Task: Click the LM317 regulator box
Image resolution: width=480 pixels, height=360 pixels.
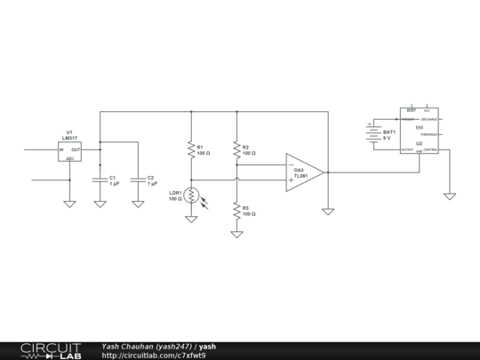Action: point(69,151)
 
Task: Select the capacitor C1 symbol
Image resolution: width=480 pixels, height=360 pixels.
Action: point(100,180)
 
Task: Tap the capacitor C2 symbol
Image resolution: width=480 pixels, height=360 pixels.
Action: point(138,180)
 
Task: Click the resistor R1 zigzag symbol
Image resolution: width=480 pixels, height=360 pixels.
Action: point(190,150)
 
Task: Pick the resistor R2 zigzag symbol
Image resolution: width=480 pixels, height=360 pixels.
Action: point(236,150)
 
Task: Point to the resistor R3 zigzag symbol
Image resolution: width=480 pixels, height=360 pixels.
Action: point(236,211)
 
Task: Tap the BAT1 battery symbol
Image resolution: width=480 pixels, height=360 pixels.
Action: point(371,134)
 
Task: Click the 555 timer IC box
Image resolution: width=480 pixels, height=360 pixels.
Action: point(419,133)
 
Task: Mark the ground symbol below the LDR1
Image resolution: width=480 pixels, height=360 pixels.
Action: point(190,218)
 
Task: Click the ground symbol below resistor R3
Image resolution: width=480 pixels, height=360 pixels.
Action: point(236,235)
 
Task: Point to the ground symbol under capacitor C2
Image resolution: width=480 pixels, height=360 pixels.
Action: point(138,204)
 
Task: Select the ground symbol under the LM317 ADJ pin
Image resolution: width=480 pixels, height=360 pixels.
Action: point(69,204)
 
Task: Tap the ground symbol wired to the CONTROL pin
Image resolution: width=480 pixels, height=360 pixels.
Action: point(450,195)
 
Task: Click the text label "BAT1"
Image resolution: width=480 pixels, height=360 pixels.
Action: point(388,132)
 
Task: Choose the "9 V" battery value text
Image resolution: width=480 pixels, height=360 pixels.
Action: point(387,139)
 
